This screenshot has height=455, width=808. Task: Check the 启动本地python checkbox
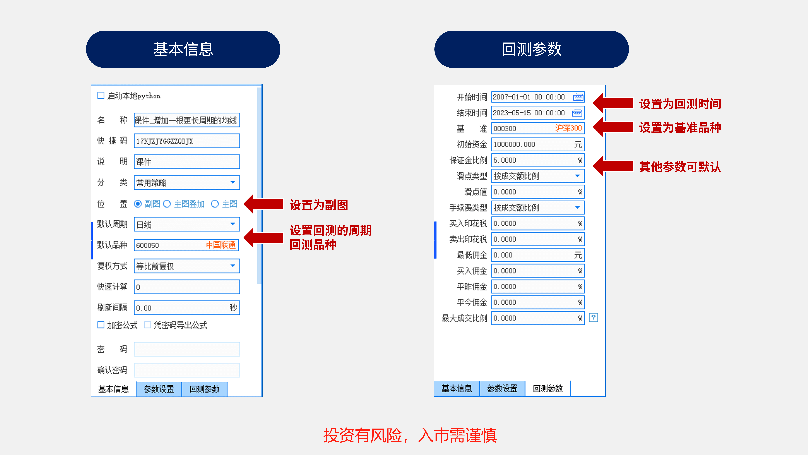pos(101,95)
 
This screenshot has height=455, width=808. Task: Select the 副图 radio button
pos(138,204)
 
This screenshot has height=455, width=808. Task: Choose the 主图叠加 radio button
pos(167,204)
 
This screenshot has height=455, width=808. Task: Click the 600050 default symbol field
pos(187,245)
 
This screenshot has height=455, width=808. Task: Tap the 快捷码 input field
pos(187,141)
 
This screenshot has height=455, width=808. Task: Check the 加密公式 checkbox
pos(101,325)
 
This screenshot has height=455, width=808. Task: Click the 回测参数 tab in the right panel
pos(548,388)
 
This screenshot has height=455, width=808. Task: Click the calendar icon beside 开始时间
pos(578,97)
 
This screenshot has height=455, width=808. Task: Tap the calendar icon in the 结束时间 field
pos(577,113)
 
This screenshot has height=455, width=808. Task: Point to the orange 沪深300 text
pos(568,128)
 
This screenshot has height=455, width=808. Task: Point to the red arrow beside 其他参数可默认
pos(613,166)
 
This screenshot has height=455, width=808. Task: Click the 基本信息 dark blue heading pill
pos(183,49)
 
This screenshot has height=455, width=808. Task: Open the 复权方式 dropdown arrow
pos(233,266)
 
